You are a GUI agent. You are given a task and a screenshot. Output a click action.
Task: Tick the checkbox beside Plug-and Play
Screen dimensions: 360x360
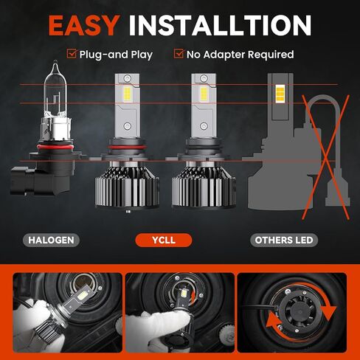(x=72, y=54)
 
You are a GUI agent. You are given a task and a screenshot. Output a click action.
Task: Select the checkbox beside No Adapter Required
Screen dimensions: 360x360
(x=179, y=54)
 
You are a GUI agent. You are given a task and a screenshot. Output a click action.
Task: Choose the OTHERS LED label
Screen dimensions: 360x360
(x=283, y=240)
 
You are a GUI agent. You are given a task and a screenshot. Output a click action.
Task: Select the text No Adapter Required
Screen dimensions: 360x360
(x=240, y=54)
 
